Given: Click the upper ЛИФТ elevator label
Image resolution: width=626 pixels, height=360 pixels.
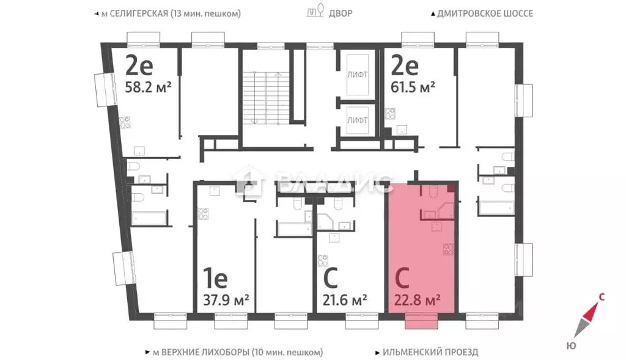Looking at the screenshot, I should (x=357, y=75).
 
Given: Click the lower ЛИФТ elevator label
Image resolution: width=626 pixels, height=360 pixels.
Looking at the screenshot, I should (x=357, y=120).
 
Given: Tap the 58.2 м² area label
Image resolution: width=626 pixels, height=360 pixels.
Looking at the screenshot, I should (x=148, y=87).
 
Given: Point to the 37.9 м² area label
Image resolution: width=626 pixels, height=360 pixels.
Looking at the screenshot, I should (x=226, y=300).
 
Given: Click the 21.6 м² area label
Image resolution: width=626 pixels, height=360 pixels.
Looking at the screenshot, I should (x=345, y=300).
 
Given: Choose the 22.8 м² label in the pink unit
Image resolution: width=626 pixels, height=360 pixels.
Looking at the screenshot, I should (x=419, y=300).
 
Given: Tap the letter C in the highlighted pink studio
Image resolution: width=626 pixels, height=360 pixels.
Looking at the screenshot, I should (x=402, y=279).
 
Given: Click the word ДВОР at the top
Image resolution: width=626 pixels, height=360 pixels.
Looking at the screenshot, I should (x=341, y=13).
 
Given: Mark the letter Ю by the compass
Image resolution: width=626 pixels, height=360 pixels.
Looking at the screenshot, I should (x=571, y=346).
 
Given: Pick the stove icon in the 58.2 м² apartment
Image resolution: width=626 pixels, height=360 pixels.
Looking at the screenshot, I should (x=125, y=122).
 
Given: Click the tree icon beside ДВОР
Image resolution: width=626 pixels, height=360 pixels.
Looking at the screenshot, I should (x=315, y=12).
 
